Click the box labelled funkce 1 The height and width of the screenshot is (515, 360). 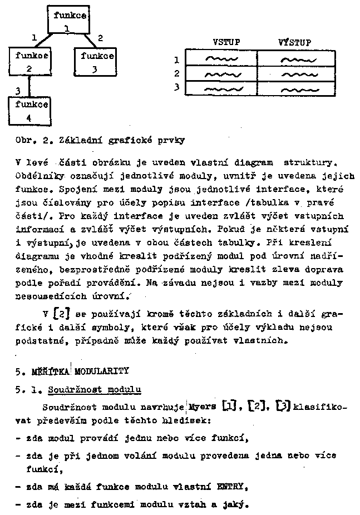coord(70,21)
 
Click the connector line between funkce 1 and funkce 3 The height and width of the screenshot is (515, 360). coord(90,40)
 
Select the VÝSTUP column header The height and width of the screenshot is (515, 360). coord(295,42)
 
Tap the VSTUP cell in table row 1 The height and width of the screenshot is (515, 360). coord(221,59)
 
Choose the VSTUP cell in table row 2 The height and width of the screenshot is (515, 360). coord(221,73)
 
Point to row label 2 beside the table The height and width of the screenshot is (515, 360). coord(176,73)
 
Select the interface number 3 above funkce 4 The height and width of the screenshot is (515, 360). coord(18,90)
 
